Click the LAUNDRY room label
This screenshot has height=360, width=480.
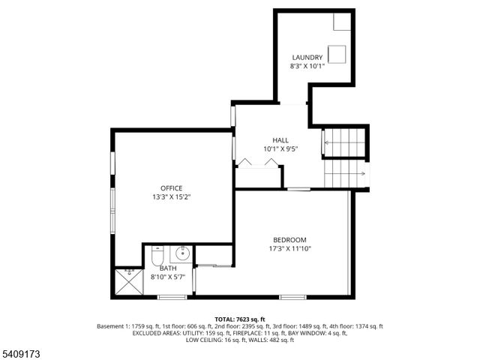tap(307, 57)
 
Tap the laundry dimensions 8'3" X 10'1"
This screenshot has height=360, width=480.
tap(307, 66)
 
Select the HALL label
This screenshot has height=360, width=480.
tap(280, 140)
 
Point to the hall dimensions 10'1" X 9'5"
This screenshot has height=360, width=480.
tap(280, 149)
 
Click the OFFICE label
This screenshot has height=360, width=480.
tap(171, 188)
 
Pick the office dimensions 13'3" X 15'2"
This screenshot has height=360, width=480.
tap(171, 197)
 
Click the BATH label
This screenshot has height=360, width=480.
tap(168, 268)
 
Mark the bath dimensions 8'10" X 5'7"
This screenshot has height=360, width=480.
tap(168, 277)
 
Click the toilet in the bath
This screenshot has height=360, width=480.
tap(157, 256)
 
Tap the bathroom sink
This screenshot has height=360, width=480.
tap(181, 255)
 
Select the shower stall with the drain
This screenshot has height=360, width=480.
tap(129, 282)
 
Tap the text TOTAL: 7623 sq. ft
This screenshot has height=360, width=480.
tap(239, 319)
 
